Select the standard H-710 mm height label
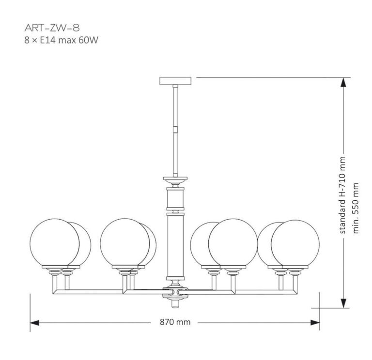[x=343, y=195]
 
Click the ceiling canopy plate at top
[x=175, y=80]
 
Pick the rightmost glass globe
[x=295, y=243]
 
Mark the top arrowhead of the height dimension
[x=343, y=82]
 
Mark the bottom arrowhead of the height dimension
[x=343, y=304]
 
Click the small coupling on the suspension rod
[x=175, y=130]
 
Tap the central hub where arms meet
[x=175, y=292]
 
